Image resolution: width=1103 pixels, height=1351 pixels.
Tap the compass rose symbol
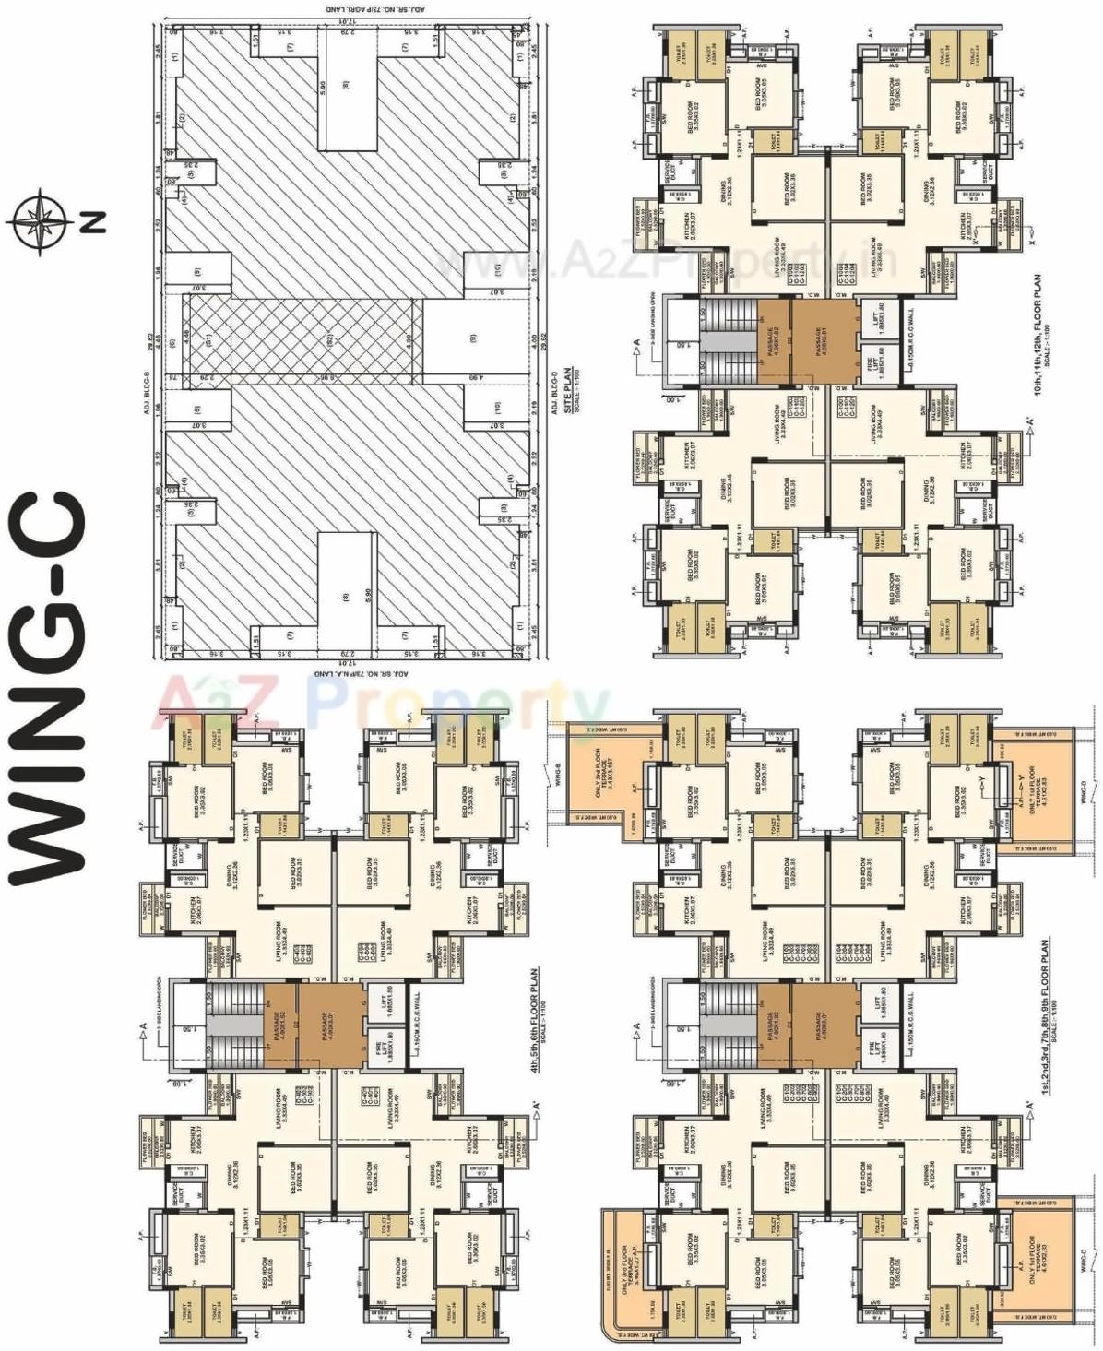pos(39,220)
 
